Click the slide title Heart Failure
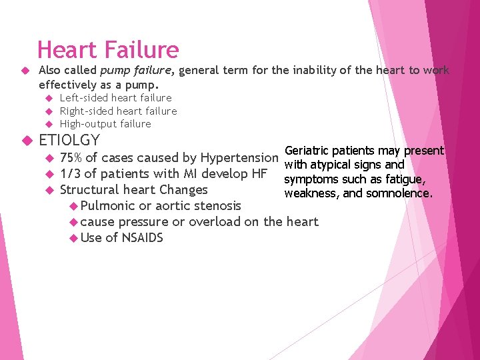108,50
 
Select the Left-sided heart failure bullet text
115,98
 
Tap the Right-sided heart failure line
118,111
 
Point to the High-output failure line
105,124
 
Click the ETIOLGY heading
69,140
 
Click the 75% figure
71,158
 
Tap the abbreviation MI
191,174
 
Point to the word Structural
91,190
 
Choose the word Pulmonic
107,206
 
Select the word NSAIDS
143,238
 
